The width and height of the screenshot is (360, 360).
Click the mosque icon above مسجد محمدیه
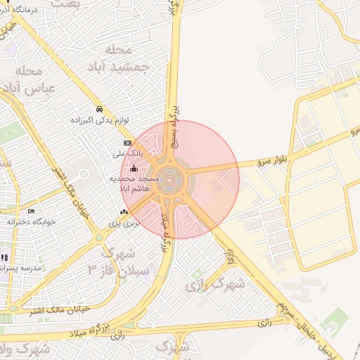(x=134, y=168)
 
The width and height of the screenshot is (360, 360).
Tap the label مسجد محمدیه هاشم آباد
(x=134, y=184)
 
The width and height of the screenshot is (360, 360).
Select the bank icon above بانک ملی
(x=127, y=143)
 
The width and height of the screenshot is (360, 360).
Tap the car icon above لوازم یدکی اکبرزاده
(x=100, y=110)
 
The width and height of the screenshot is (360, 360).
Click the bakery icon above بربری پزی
(x=124, y=212)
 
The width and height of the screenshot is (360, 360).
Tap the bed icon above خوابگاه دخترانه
(x=30, y=212)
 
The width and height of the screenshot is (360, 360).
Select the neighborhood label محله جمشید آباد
(x=117, y=58)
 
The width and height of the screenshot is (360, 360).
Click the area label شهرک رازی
(x=218, y=285)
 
